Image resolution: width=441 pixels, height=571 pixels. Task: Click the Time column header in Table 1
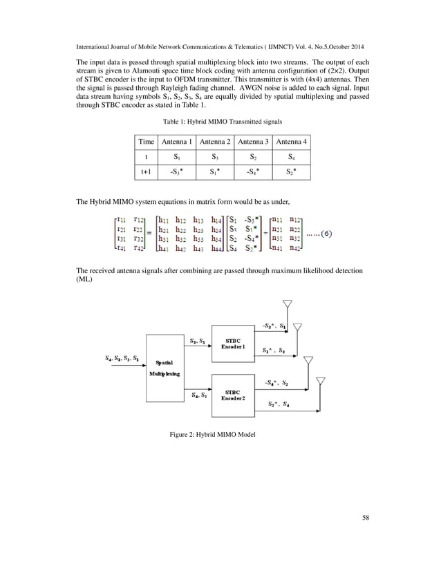(x=147, y=142)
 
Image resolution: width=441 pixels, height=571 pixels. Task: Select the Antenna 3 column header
(x=253, y=142)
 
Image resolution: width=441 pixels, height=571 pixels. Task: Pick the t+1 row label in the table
(x=147, y=169)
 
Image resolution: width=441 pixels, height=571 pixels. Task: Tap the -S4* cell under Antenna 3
(x=253, y=169)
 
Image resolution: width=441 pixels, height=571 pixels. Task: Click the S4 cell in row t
(x=291, y=156)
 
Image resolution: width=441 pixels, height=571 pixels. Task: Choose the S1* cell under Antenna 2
(x=215, y=169)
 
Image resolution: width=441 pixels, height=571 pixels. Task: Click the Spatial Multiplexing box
(x=166, y=367)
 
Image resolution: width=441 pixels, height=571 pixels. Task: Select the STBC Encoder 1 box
(x=233, y=342)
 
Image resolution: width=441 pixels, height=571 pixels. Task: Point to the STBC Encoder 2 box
(x=233, y=395)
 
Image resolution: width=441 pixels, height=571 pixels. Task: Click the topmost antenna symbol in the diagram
(x=288, y=306)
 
